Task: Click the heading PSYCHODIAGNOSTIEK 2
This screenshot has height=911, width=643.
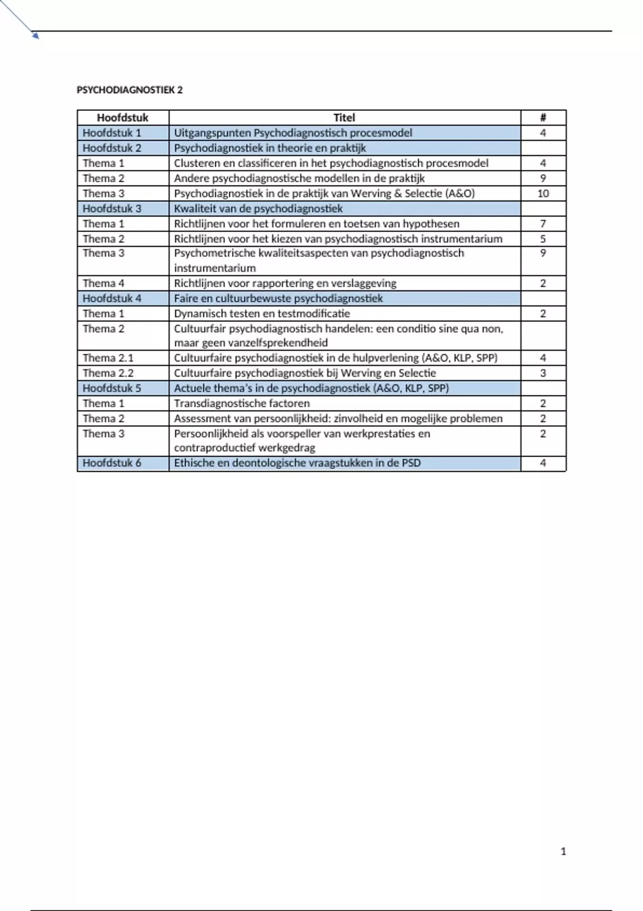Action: point(130,90)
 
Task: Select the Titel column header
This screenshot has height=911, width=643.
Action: point(344,117)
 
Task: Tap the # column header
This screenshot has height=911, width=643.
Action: point(543,117)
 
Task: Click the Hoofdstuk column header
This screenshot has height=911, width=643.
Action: point(122,117)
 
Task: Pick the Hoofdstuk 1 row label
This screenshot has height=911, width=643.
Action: point(111,133)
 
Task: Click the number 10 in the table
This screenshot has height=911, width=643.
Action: point(543,193)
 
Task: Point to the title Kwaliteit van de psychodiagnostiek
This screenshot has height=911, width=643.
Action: point(258,208)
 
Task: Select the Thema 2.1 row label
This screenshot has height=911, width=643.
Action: point(108,357)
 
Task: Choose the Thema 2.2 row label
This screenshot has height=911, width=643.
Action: point(108,373)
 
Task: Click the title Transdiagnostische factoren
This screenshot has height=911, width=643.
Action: point(242,403)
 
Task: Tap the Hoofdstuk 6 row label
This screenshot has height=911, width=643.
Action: point(111,463)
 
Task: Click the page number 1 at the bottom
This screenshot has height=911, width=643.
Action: point(563,851)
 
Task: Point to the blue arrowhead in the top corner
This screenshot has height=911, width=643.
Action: point(36,36)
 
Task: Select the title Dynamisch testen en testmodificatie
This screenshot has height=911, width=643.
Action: point(261,313)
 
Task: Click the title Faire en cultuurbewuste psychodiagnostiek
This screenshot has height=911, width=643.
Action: point(278,298)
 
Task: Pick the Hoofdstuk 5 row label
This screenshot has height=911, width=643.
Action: point(111,388)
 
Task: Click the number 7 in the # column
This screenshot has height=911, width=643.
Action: point(543,223)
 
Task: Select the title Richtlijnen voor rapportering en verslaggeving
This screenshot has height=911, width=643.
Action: point(285,283)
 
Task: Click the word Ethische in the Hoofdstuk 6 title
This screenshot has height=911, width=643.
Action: point(193,463)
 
